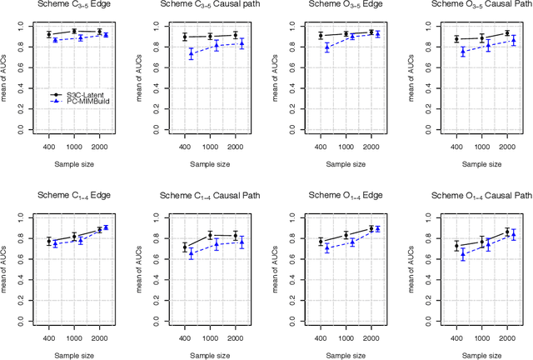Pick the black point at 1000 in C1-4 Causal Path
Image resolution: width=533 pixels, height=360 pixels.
(210, 235)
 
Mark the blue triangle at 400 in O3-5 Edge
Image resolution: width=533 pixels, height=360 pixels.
(326, 47)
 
